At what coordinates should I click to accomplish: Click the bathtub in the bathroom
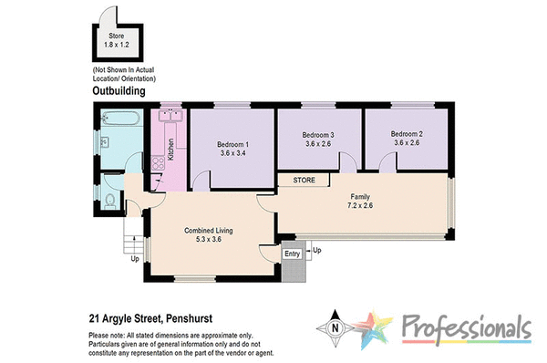(x=120, y=119)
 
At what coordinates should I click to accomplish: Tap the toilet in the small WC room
(x=109, y=201)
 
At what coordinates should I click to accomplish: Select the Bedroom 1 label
(x=232, y=143)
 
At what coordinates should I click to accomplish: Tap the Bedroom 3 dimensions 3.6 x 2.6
(x=319, y=143)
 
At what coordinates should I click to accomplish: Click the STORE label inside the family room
(x=304, y=181)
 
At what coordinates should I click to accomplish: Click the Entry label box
(x=292, y=254)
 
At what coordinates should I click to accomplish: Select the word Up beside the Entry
(x=317, y=249)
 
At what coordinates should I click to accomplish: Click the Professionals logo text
(x=465, y=327)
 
